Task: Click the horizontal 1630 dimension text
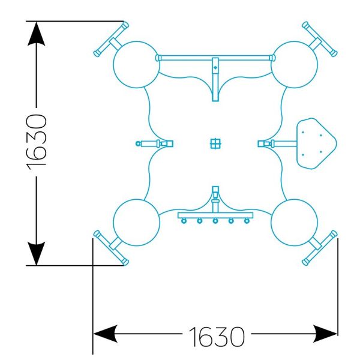(217, 337)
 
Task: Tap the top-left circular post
(136, 65)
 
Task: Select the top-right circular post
(295, 65)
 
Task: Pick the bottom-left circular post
(136, 223)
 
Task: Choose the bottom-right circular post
(295, 223)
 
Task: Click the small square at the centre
(215, 144)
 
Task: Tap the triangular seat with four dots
(316, 144)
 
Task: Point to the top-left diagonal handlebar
(112, 39)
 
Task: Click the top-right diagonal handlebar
(320, 39)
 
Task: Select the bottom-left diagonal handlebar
(112, 248)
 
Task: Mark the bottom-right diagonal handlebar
(320, 248)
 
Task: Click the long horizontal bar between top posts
(215, 58)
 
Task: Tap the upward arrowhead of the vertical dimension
(36, 34)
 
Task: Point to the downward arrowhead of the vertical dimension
(36, 253)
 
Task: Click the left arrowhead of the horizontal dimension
(105, 334)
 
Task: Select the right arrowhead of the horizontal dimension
(325, 334)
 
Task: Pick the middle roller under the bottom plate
(215, 221)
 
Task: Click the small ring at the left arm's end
(138, 144)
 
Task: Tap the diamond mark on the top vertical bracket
(215, 67)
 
